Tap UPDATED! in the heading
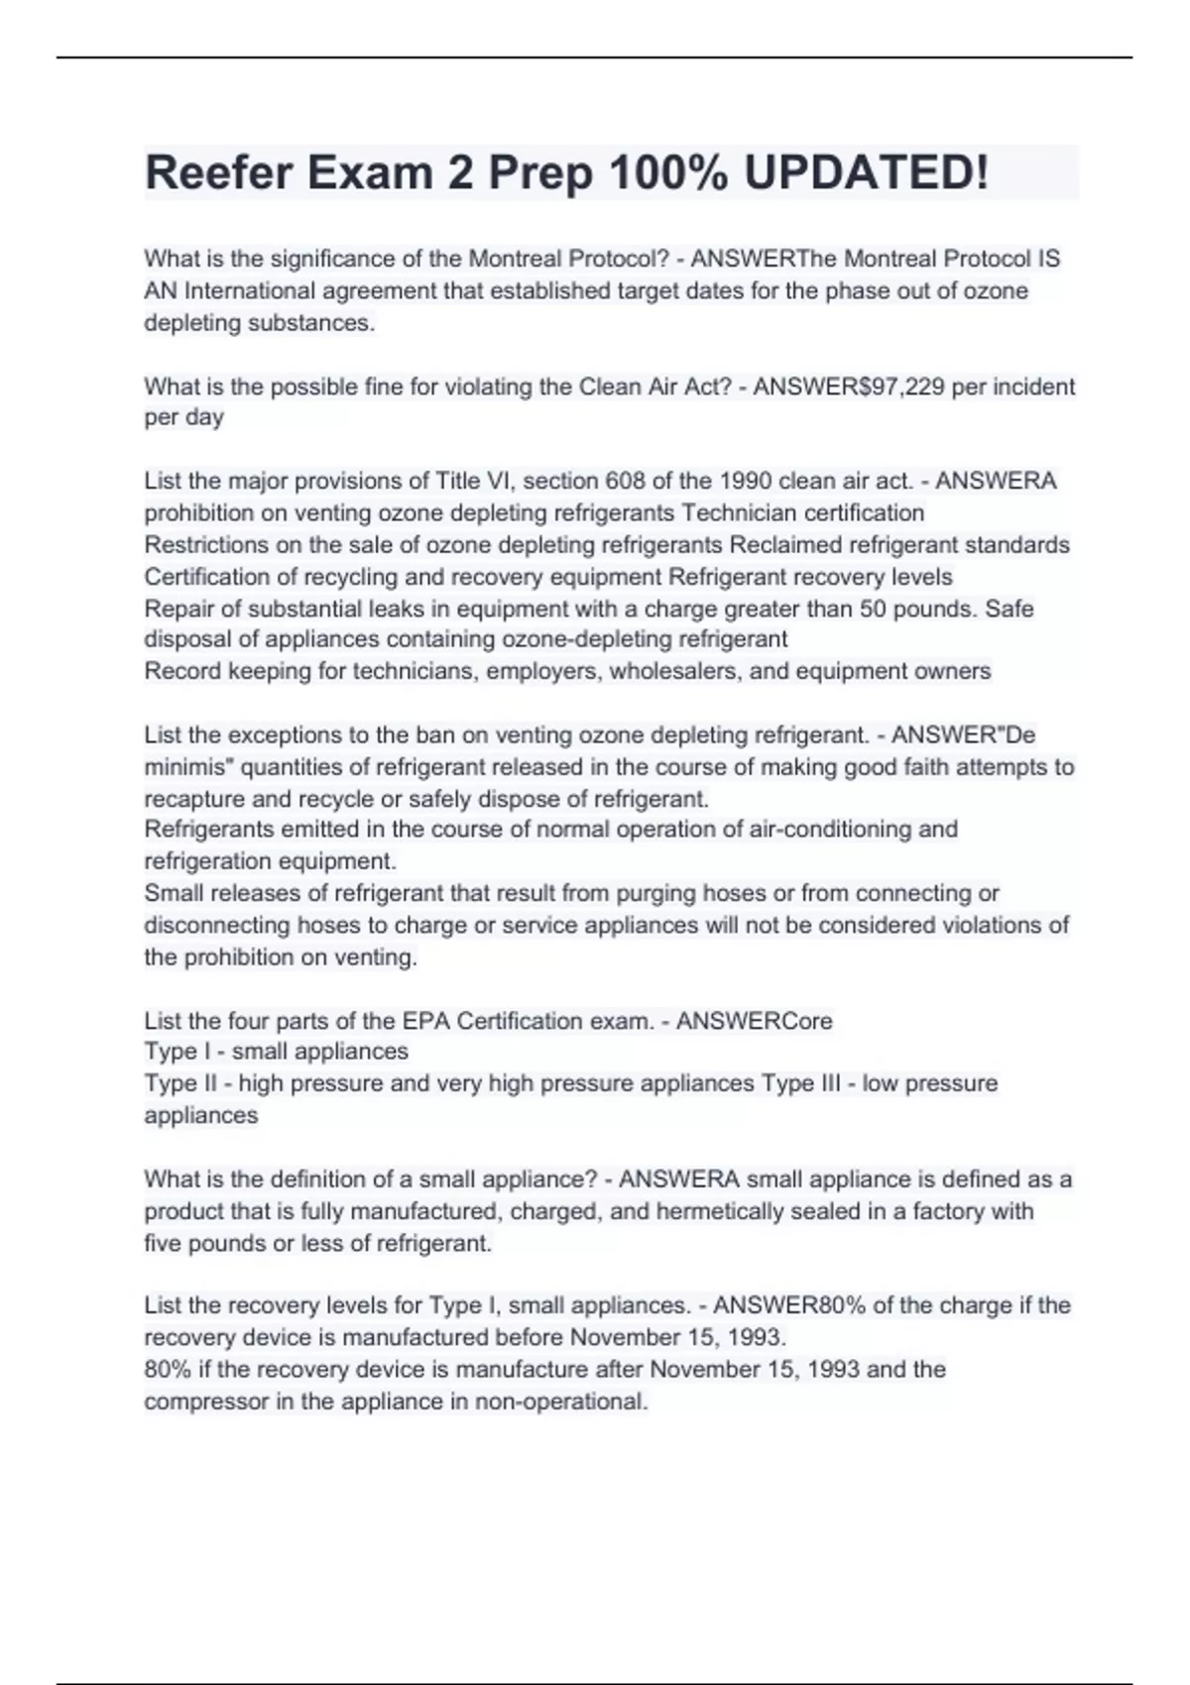[866, 172]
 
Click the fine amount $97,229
[895, 387]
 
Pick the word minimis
[187, 767]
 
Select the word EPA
[424, 1021]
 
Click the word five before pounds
[163, 1244]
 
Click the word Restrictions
[205, 545]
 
